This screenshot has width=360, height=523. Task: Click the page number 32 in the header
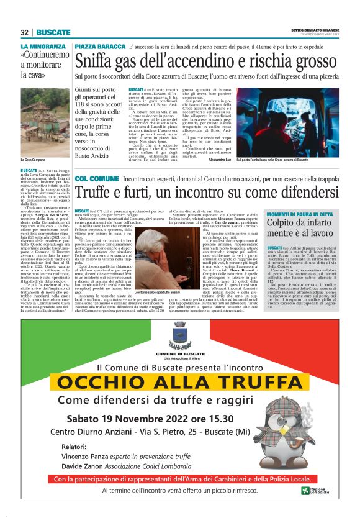[x=25, y=32]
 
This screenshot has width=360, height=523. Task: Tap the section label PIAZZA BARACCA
[x=101, y=47]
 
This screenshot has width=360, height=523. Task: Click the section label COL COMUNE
[x=96, y=179]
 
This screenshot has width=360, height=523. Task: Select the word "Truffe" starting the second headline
[x=97, y=193]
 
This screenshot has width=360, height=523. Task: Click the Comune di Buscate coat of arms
[x=180, y=335]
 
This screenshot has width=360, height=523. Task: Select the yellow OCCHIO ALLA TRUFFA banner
[x=180, y=381]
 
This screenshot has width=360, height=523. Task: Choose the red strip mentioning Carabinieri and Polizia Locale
[x=179, y=479]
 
